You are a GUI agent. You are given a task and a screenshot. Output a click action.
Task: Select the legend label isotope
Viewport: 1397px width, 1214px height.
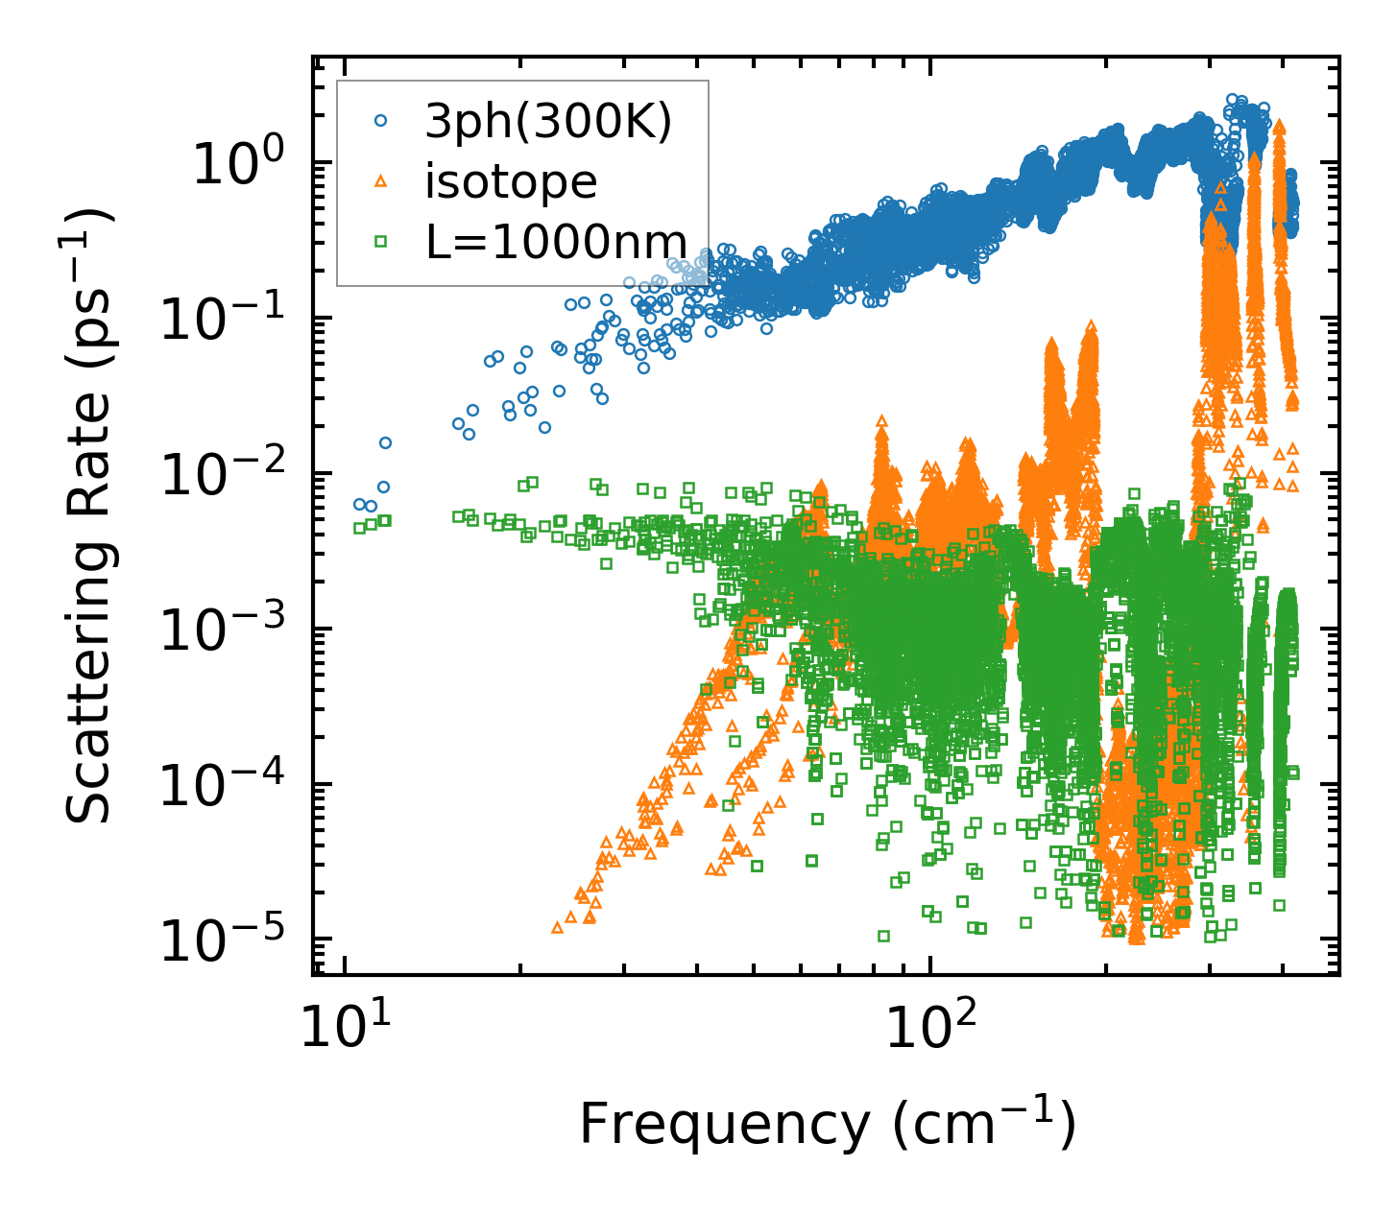pyautogui.click(x=511, y=181)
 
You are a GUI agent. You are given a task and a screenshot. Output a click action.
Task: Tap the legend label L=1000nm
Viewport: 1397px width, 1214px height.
pyautogui.click(x=556, y=242)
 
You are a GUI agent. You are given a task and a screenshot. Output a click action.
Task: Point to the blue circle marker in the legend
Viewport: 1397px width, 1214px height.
pyautogui.click(x=381, y=122)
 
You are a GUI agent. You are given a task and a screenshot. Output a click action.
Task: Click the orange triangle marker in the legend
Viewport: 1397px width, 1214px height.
pyautogui.click(x=381, y=180)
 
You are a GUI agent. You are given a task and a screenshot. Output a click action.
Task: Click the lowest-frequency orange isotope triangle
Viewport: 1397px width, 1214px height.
pyautogui.click(x=557, y=927)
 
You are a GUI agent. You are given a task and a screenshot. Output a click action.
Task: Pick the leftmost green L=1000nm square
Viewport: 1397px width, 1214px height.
pyautogui.click(x=359, y=527)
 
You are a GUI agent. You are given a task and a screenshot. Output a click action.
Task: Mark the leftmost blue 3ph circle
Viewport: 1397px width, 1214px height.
pyautogui.click(x=359, y=504)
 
